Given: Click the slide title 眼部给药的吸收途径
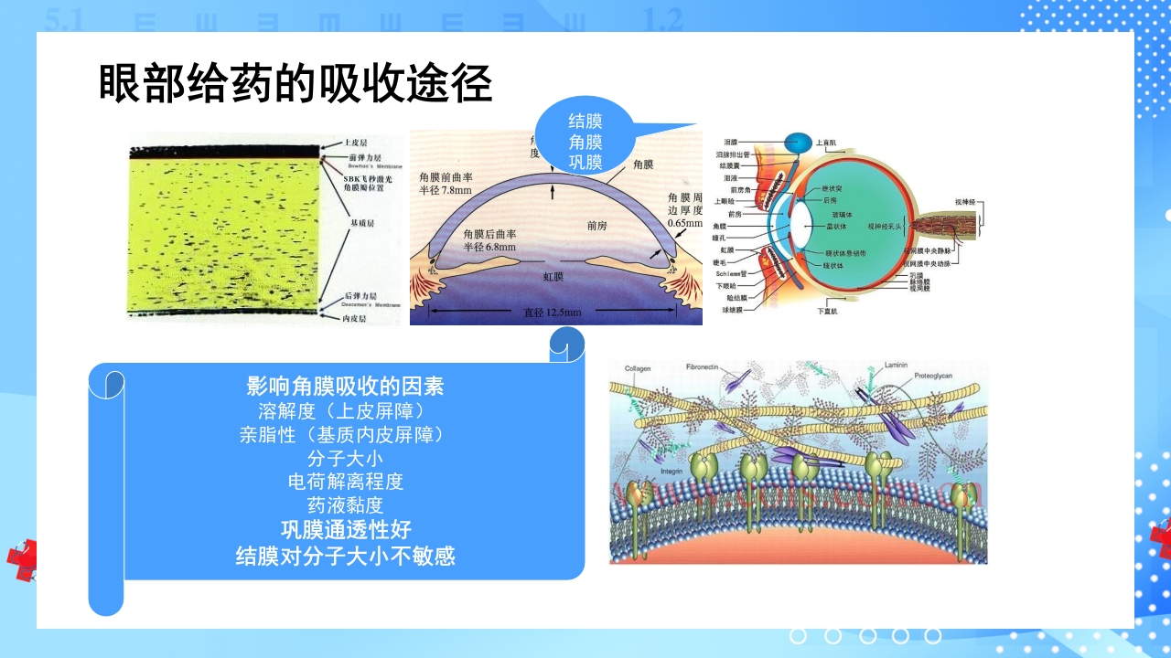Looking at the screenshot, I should point(295,84).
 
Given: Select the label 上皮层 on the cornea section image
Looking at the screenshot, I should point(357,143).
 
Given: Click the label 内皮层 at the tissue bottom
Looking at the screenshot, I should point(355,319).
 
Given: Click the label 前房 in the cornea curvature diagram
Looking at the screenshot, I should point(598,224).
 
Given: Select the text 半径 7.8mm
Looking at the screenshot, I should point(446,190).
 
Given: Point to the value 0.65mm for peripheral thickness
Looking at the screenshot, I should point(684,223).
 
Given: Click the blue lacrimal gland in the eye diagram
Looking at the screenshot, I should point(798,143).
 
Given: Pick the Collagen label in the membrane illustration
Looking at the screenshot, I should point(638,368).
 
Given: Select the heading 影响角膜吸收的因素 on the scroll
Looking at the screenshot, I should point(346,386).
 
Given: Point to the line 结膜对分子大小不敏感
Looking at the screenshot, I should point(346,555).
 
